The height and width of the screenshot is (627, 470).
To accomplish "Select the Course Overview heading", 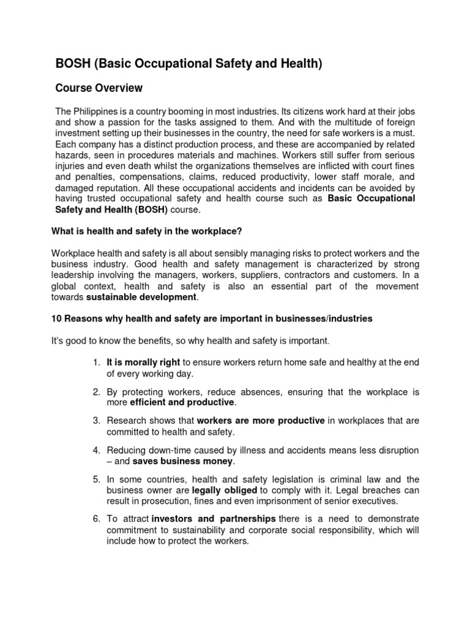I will point(99,88).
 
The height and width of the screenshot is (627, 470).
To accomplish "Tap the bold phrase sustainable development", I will point(141,297).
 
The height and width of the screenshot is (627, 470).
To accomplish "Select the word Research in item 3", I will point(126,421).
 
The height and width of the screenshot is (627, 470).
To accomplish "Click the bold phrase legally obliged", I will point(225,490).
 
